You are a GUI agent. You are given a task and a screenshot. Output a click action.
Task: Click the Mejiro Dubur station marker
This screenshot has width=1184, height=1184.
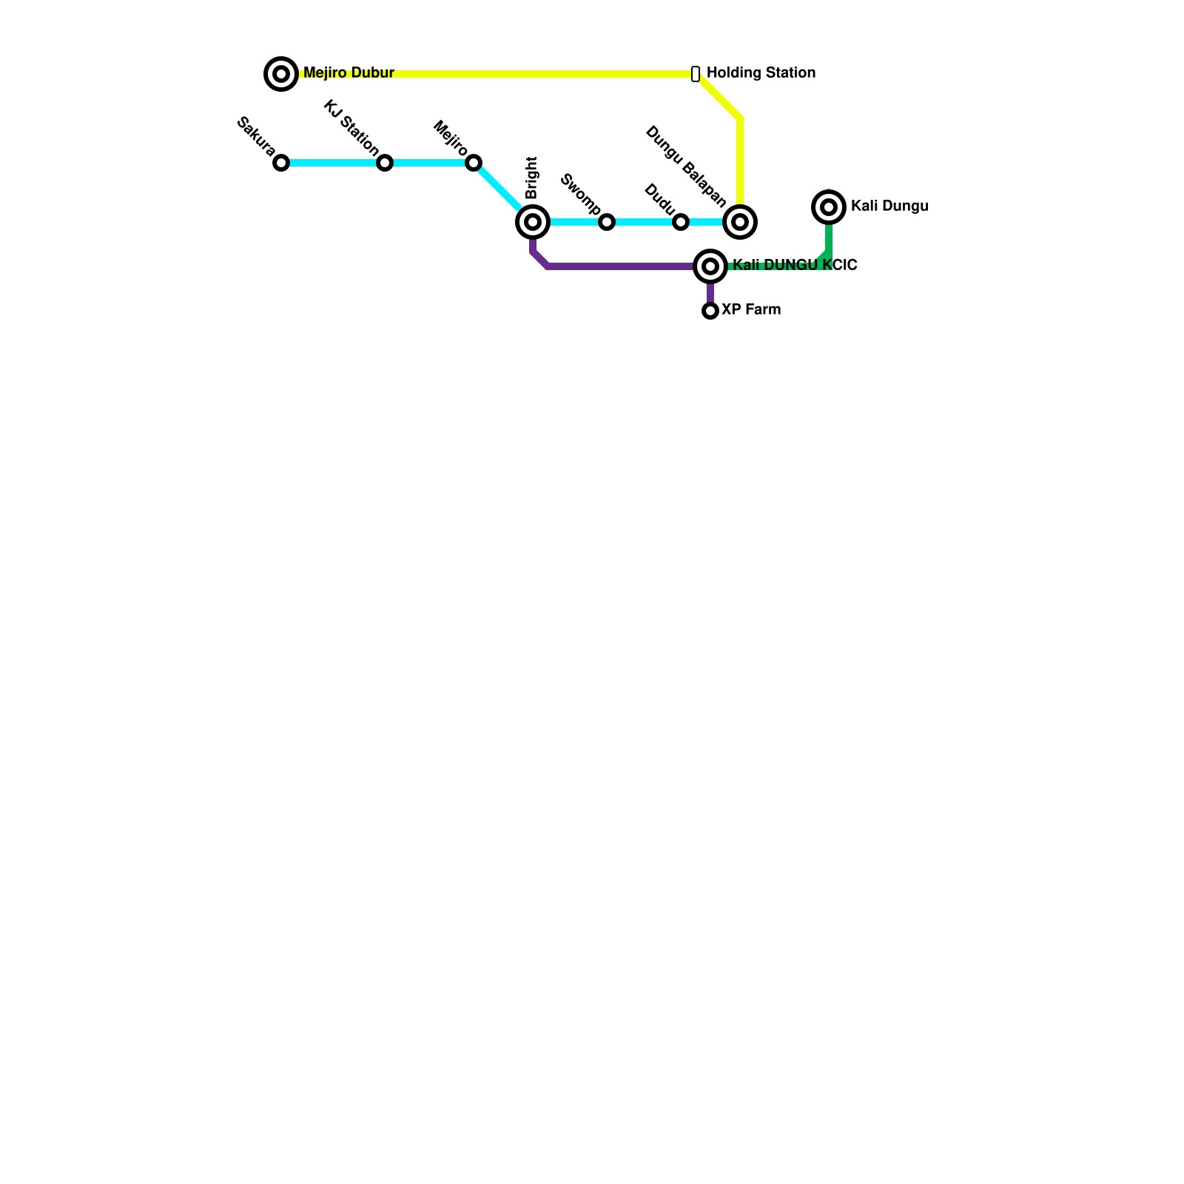coord(281,74)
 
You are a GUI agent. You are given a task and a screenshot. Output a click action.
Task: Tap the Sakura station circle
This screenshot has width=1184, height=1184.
coord(281,163)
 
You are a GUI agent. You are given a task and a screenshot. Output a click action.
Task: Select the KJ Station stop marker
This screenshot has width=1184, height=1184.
coord(385,163)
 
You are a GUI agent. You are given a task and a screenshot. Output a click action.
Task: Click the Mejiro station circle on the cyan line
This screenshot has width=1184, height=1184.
coord(474,163)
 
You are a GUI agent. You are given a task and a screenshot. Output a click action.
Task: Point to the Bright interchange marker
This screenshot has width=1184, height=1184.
coord(533,222)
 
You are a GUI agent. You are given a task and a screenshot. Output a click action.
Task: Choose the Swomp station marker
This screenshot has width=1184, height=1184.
coord(607,222)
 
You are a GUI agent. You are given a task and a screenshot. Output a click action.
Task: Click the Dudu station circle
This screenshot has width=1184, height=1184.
coord(681,222)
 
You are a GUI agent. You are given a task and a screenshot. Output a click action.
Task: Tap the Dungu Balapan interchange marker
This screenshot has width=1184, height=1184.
coord(740,222)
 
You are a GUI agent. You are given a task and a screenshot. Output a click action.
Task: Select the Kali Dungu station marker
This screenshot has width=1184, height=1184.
coord(829,207)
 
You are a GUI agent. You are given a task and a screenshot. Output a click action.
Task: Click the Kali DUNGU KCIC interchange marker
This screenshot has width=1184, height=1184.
coord(710,266)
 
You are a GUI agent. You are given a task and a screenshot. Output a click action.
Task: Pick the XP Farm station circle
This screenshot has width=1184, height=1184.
coord(710,311)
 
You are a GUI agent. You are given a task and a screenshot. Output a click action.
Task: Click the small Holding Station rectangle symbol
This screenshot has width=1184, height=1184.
coord(696,74)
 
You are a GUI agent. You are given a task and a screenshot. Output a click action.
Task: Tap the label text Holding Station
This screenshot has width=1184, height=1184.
coord(761,73)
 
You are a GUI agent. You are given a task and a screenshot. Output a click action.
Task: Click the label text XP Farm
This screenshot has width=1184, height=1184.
coord(751,310)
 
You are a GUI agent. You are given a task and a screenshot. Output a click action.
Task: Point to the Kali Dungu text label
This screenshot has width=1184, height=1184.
coord(889,206)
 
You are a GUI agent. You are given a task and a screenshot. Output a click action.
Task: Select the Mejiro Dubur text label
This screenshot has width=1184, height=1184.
coord(349,73)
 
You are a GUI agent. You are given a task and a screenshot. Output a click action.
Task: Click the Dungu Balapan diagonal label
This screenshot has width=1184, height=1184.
coord(686,166)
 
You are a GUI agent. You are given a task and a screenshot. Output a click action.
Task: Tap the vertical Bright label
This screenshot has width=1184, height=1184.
coord(532,178)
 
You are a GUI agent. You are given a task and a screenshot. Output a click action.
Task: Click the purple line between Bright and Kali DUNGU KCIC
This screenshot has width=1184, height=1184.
coord(622,266)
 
